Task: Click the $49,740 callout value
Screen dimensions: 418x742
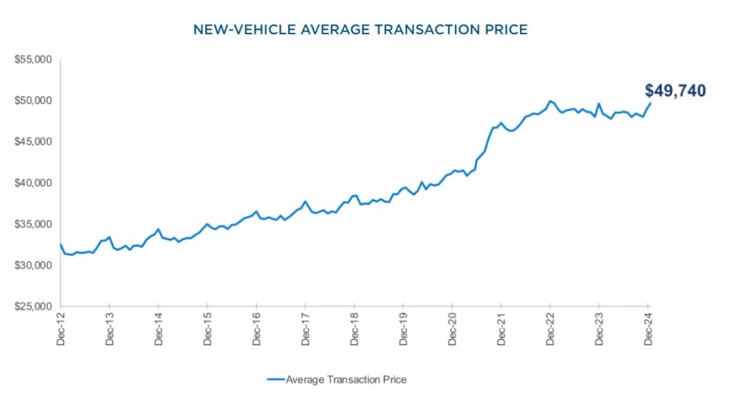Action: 675,91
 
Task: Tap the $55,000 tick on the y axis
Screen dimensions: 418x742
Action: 33,59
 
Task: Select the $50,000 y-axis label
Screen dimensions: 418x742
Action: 33,101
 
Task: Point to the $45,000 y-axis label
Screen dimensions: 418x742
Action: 33,142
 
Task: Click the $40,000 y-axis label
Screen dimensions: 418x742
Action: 33,183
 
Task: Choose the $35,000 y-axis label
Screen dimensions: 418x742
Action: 33,224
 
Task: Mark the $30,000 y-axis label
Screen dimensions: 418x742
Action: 33,266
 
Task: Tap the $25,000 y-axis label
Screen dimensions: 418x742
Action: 33,307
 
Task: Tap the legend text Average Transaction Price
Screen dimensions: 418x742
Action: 346,380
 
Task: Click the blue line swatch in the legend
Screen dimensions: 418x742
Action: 276,380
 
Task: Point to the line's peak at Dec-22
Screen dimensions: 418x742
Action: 550,100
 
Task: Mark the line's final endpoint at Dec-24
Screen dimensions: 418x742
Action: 650,103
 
